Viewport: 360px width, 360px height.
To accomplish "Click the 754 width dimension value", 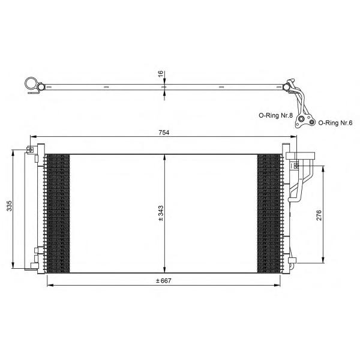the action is (164, 133).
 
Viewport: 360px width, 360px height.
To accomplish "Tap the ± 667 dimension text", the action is (163, 281).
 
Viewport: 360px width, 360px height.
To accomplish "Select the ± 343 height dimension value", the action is (161, 213).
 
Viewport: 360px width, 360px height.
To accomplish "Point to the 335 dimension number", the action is (9, 206).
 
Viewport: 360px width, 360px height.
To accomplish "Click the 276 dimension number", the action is (319, 215).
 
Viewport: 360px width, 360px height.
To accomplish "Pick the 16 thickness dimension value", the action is (161, 74).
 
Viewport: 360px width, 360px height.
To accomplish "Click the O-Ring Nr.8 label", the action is (276, 115).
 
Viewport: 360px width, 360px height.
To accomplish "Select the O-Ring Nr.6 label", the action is (335, 123).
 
